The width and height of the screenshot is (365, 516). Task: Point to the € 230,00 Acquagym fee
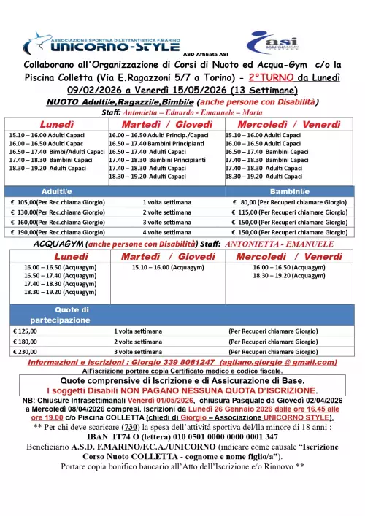(26, 350)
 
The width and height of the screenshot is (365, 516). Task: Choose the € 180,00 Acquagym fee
(26, 340)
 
